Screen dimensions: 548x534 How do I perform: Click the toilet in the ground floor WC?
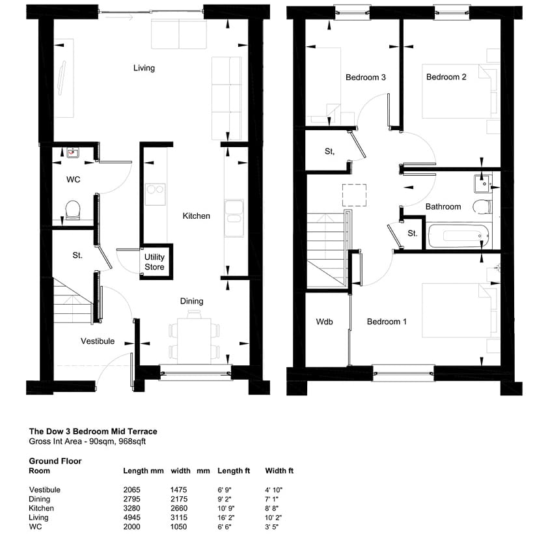coord(73,210)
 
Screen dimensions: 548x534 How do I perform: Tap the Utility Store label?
coord(154,262)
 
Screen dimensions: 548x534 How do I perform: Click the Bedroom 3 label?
coord(366,77)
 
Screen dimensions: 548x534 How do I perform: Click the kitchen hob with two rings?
coord(155,194)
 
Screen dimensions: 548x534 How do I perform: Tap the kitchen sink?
coord(234,218)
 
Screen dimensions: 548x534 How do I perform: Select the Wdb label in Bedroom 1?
coord(324,322)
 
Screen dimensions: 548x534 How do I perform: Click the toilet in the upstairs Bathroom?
coord(482,206)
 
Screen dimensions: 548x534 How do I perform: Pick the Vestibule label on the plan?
coord(98,341)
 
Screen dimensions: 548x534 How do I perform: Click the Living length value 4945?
coord(131,517)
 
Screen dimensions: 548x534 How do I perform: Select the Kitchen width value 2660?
coord(179,508)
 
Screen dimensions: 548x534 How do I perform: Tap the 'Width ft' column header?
coord(279,471)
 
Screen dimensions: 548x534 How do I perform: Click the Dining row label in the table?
coord(40,499)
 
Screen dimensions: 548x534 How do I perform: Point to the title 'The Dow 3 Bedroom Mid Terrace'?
coord(93,431)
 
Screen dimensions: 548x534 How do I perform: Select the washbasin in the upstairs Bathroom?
coord(483,184)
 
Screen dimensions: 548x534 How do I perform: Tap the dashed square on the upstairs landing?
coord(355,195)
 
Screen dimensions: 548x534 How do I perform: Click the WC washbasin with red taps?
coord(73,153)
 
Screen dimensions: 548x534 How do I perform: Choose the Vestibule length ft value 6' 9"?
coord(225,490)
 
